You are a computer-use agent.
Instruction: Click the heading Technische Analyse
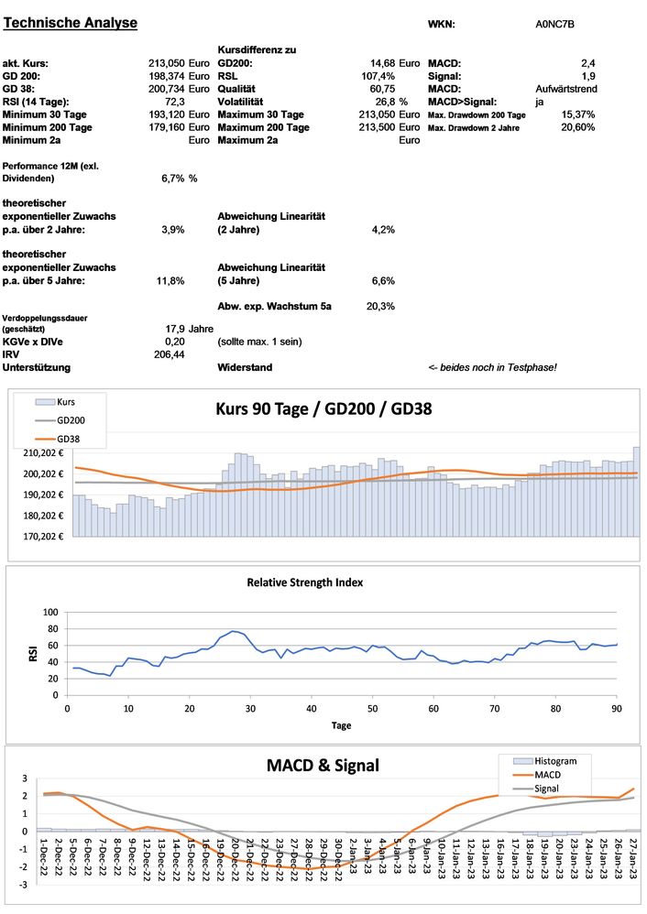point(71,22)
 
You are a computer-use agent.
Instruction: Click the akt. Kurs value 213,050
point(167,63)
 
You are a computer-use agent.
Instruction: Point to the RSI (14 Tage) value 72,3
point(174,102)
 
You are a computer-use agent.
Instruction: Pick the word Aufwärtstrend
point(565,89)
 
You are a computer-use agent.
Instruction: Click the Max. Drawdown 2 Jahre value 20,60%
point(577,127)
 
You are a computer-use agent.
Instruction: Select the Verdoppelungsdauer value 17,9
point(175,328)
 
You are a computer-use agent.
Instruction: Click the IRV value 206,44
point(170,354)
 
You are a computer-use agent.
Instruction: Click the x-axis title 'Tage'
point(341,724)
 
